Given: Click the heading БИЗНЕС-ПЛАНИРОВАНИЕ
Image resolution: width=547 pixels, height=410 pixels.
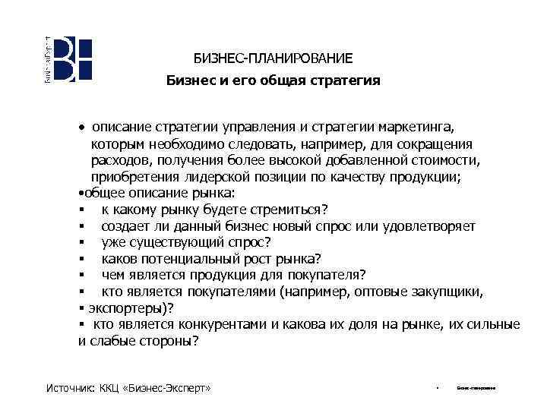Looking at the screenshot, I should click(x=273, y=58).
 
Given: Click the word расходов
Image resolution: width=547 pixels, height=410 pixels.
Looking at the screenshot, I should click(x=119, y=160).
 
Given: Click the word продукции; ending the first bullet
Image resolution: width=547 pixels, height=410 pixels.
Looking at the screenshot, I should click(x=422, y=177).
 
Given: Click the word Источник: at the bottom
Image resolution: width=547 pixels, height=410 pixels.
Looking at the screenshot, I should click(x=70, y=389).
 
